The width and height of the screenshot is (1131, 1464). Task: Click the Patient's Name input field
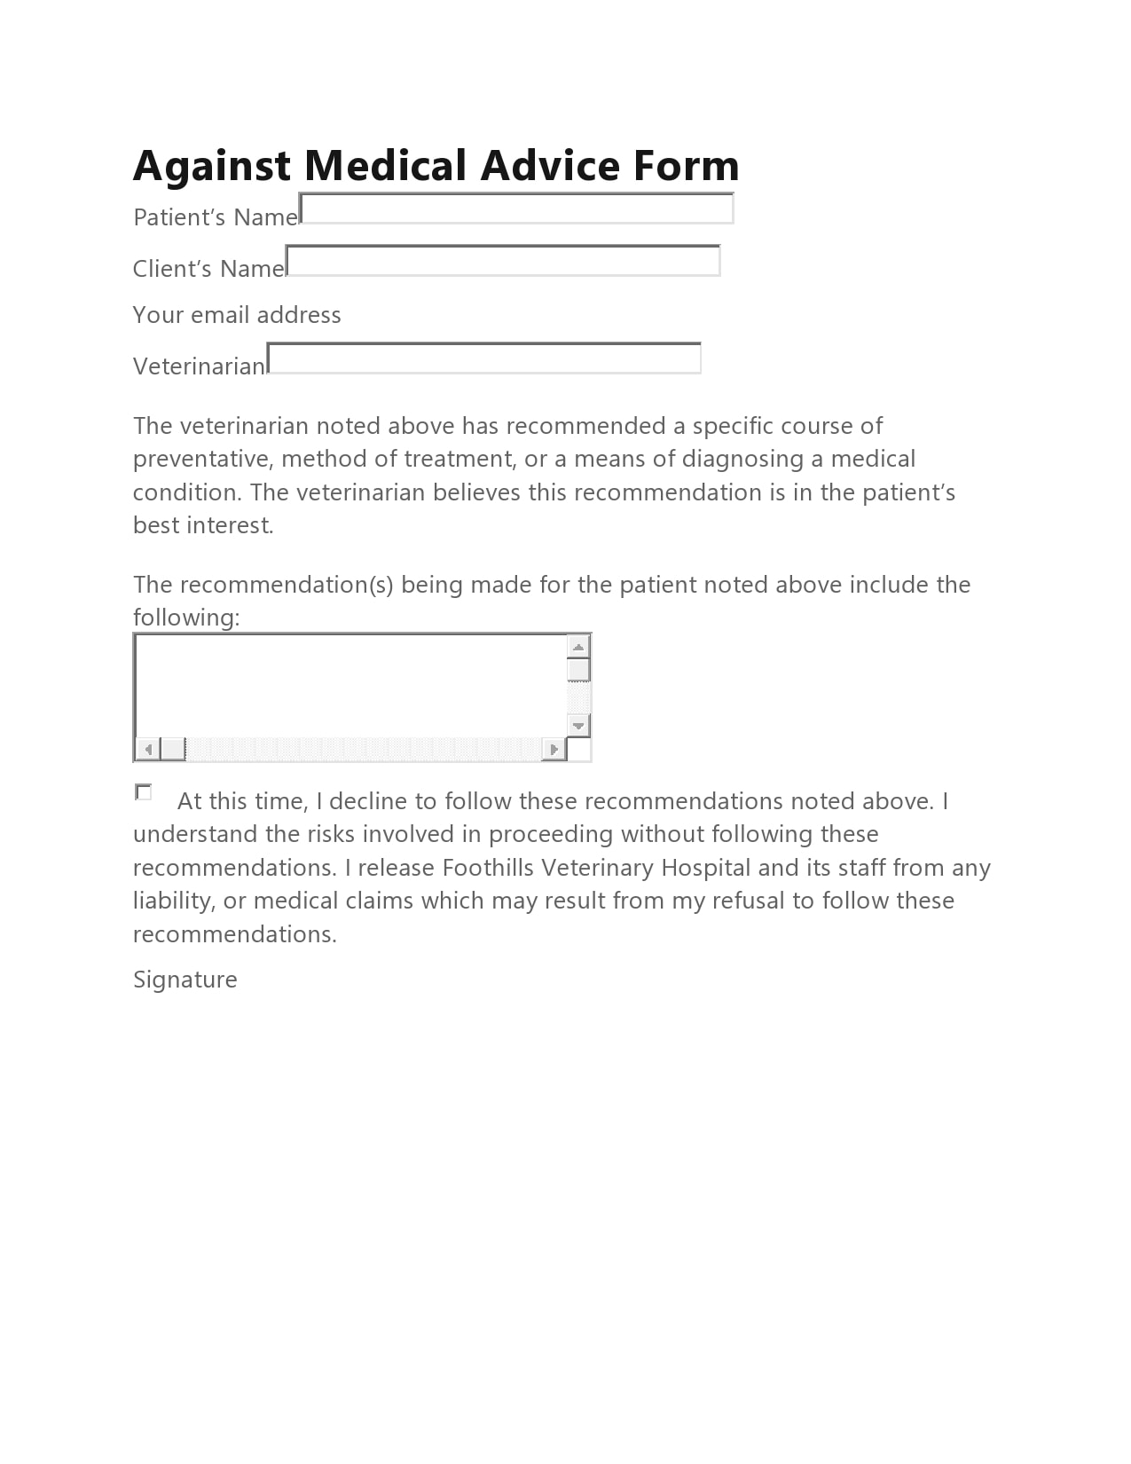516,209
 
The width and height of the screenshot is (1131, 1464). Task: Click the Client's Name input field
503,262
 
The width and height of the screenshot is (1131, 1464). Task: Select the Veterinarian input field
483,358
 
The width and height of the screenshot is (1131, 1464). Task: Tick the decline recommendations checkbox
143,791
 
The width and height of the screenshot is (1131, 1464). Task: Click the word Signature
185,980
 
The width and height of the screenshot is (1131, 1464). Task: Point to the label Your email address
237,315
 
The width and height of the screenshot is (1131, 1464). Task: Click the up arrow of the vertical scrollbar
578,646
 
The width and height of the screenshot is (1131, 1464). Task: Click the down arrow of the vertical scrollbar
578,725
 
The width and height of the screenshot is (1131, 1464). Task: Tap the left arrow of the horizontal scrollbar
147,750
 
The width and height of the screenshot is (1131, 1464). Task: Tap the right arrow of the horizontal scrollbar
554,750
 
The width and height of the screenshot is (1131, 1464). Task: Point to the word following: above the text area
186,618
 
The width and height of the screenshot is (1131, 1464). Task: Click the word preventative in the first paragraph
203,459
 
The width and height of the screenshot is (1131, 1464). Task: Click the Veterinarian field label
199,366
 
